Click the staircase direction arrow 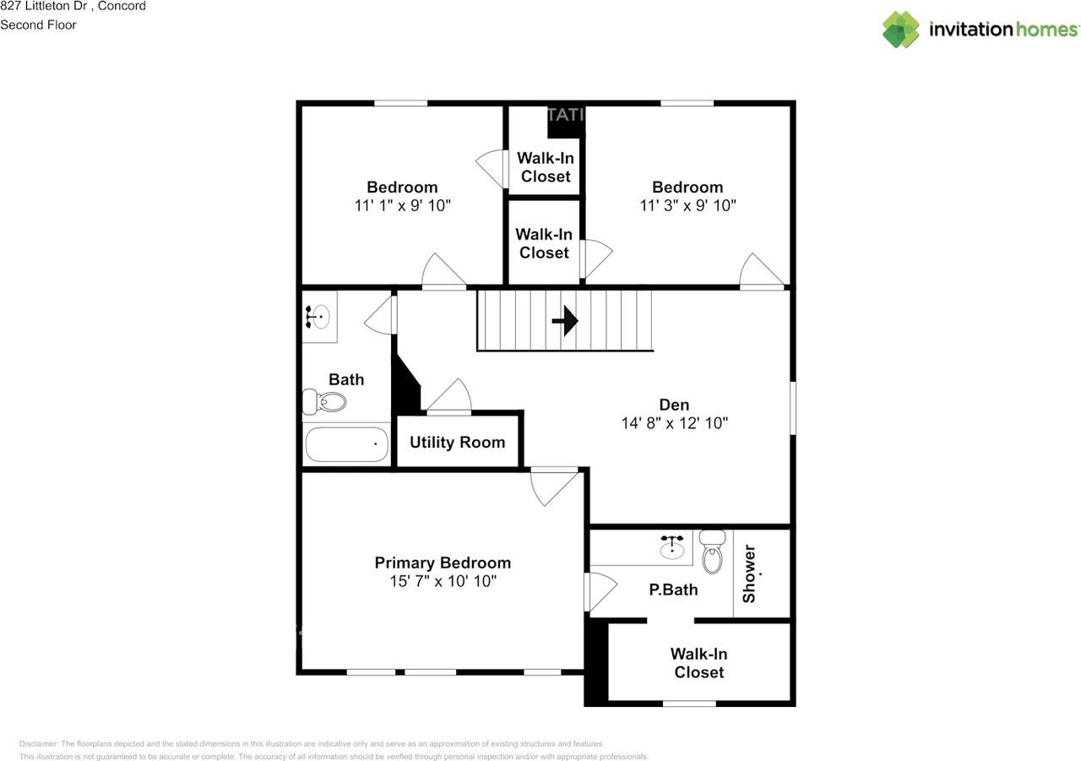[565, 320]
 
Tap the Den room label [674, 405]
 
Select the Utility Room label [458, 443]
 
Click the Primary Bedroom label [443, 563]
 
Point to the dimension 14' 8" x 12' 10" [674, 423]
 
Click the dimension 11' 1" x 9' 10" [403, 205]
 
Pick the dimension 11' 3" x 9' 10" [687, 205]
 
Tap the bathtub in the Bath [347, 444]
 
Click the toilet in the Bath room [324, 401]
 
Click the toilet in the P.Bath [712, 552]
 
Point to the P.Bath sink [672, 546]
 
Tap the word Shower [749, 573]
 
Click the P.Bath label [673, 590]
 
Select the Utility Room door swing [448, 395]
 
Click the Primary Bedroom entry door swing [554, 488]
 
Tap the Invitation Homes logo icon [901, 30]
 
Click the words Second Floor [38, 25]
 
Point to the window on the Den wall [792, 408]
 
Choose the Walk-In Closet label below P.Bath [698, 663]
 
